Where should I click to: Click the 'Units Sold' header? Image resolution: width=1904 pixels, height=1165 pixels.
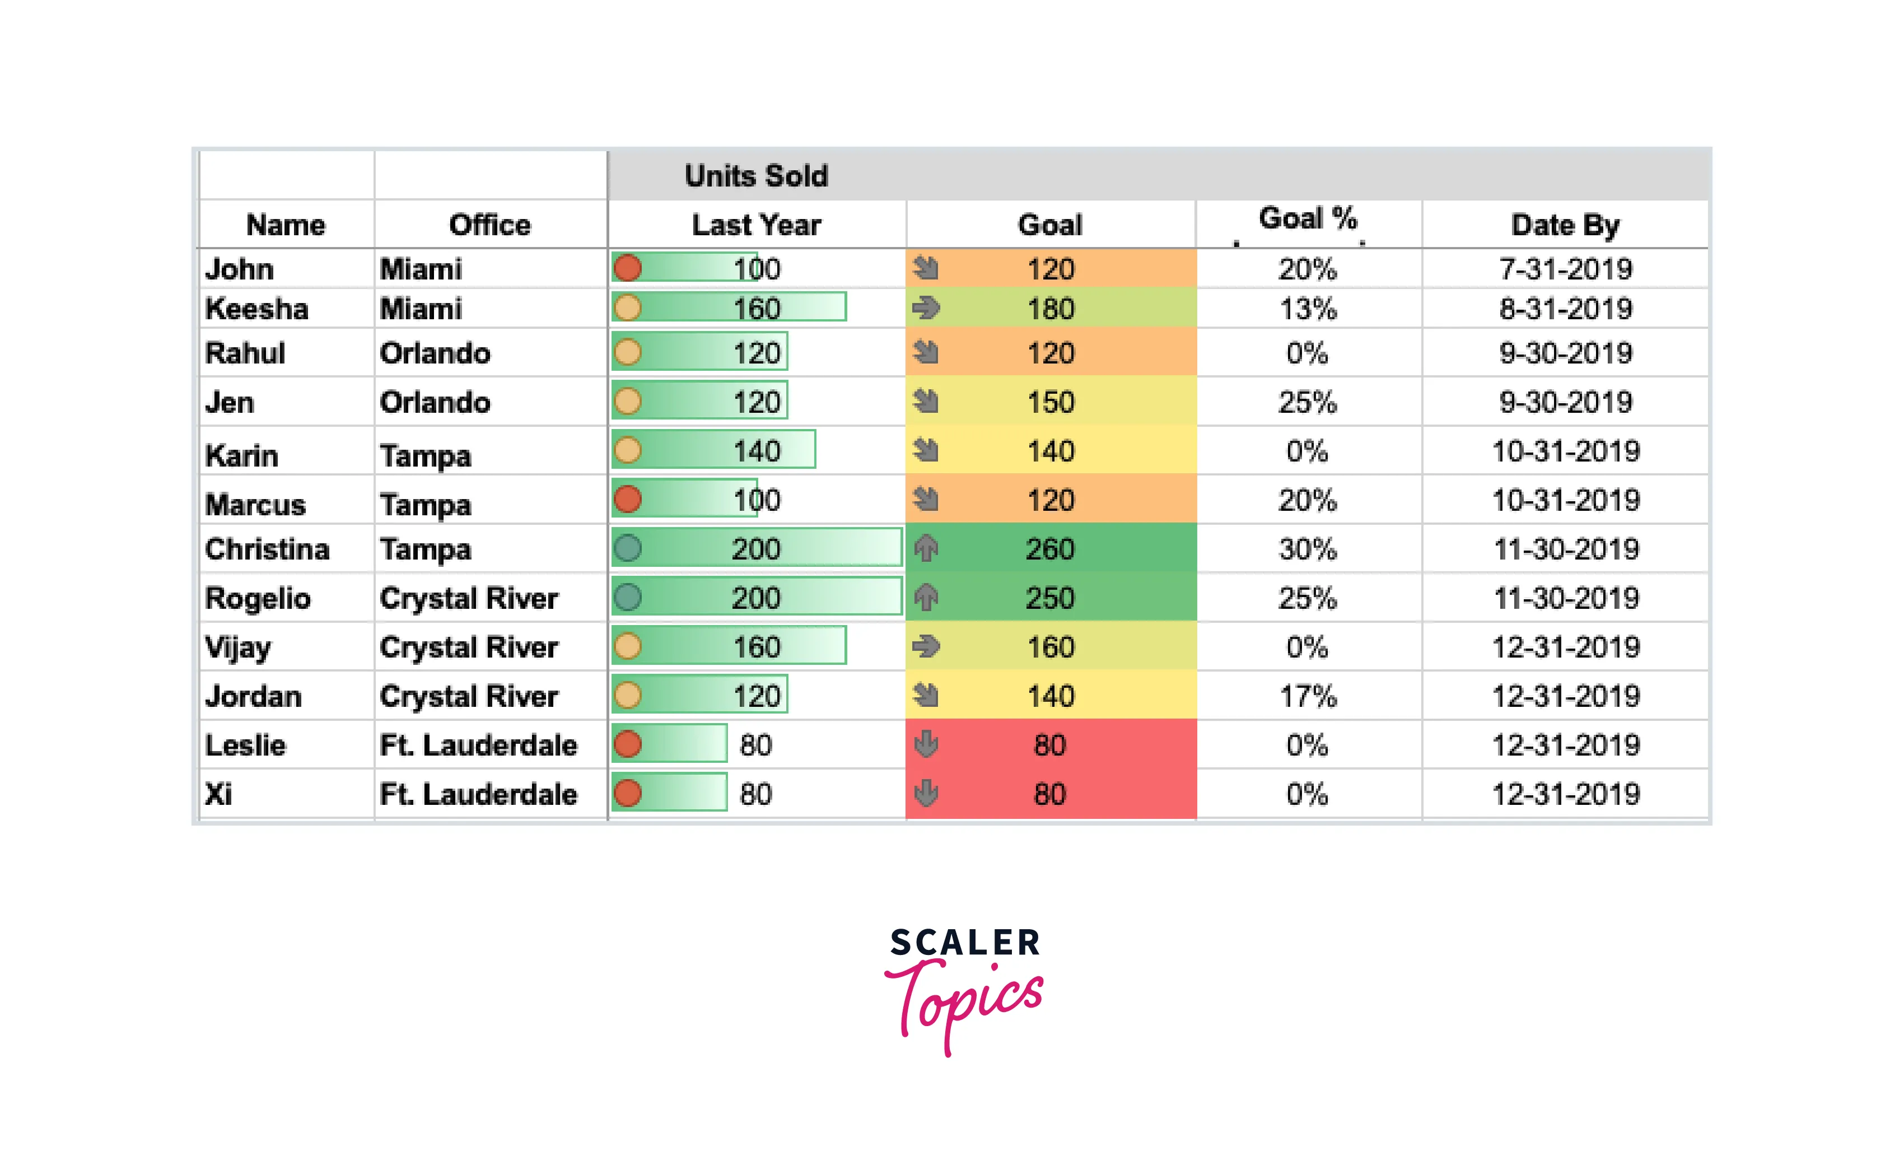tap(756, 176)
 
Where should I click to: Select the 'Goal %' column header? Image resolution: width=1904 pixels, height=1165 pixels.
tap(1308, 219)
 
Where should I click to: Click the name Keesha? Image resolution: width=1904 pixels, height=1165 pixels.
tap(256, 309)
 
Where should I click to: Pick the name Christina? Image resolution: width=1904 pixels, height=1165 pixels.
tap(267, 549)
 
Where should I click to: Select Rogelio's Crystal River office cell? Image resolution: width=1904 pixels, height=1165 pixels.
tap(468, 598)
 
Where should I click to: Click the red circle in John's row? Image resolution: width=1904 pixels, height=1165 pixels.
tap(627, 268)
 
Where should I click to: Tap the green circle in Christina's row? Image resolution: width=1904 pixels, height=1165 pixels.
tap(627, 549)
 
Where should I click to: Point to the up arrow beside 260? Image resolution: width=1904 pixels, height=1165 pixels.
tap(926, 549)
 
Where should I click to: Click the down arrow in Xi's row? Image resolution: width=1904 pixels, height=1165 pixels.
tap(926, 793)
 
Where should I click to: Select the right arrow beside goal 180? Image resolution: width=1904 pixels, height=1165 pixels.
tap(926, 309)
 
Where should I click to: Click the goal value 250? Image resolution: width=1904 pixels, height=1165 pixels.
tap(1050, 598)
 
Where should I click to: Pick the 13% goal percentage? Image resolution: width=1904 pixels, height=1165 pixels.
tap(1308, 309)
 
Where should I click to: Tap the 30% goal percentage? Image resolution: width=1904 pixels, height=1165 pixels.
tap(1308, 549)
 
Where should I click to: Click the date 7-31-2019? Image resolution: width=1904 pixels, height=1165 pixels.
tap(1566, 269)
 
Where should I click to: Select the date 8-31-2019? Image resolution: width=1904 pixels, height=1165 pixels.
tap(1566, 309)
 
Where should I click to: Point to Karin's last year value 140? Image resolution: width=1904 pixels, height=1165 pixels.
tap(757, 451)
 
